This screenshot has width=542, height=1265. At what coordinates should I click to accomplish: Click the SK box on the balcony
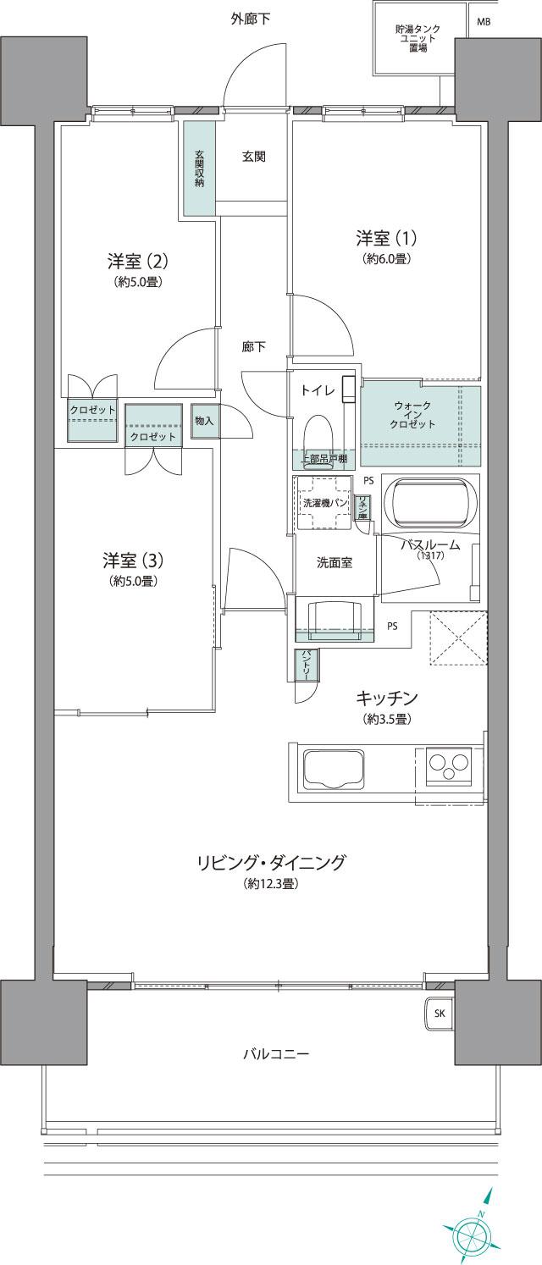(x=439, y=1013)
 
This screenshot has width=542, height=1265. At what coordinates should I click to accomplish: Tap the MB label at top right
(x=483, y=22)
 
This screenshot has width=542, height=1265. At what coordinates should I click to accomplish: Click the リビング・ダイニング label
(x=271, y=863)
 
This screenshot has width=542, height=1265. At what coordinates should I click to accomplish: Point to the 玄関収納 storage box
(x=199, y=169)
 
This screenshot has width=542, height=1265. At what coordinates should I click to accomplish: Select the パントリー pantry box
(x=302, y=665)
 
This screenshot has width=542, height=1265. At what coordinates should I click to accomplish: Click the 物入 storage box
(x=203, y=421)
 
